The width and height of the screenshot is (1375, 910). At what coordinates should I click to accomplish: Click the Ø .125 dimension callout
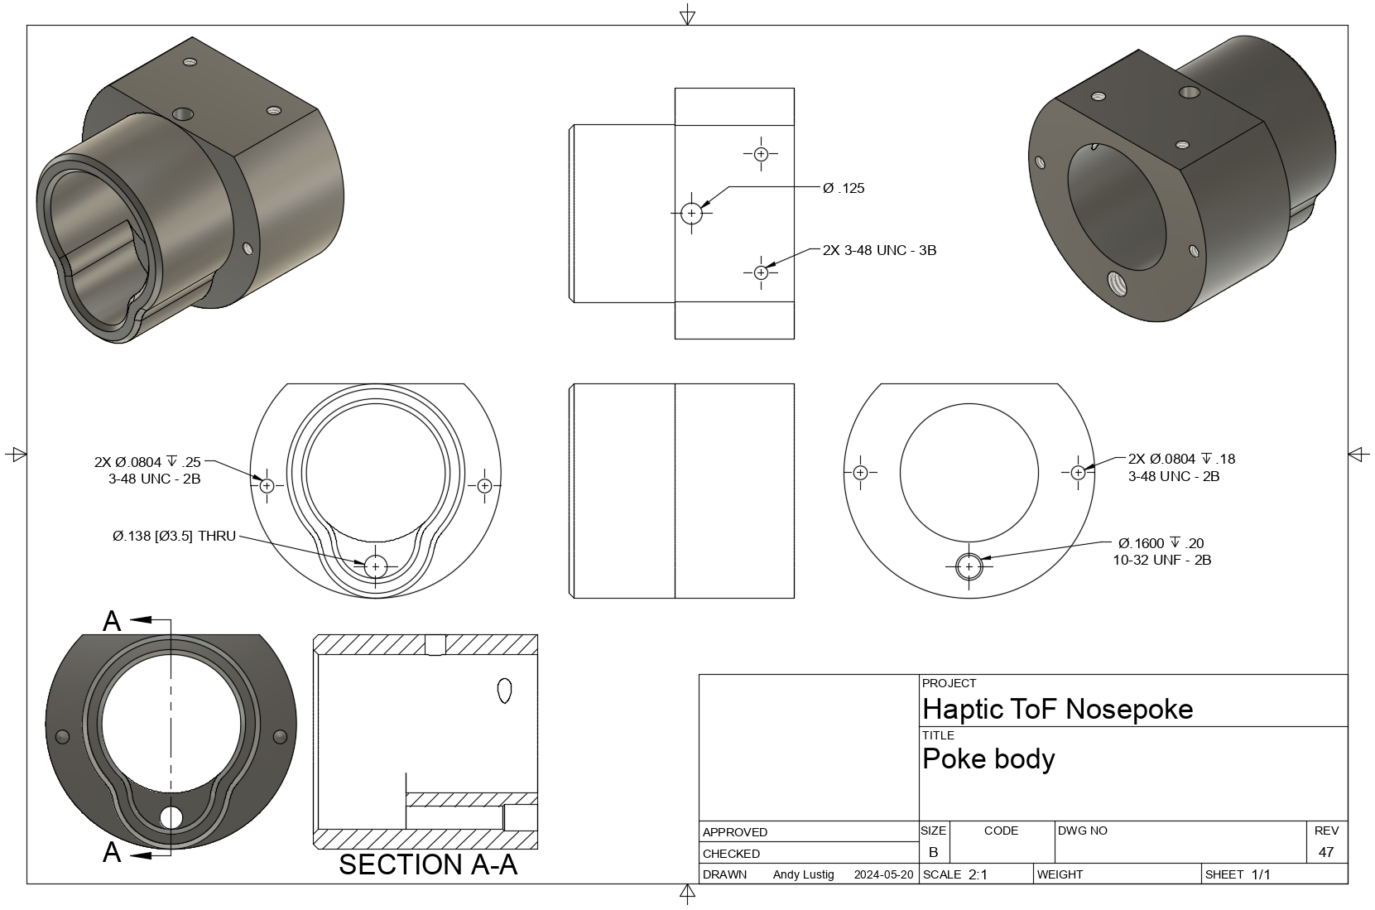point(843,188)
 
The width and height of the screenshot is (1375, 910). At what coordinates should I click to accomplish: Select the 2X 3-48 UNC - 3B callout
point(879,250)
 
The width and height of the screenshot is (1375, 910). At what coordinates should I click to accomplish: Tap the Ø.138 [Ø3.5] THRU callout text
point(174,537)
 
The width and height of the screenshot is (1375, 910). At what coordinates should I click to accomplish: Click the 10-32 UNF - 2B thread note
point(1161,561)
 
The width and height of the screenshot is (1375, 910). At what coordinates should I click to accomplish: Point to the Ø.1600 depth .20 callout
point(1161,543)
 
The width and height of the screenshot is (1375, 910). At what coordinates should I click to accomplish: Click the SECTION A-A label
point(427,864)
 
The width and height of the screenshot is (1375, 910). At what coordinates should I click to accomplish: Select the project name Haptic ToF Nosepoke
point(1057,709)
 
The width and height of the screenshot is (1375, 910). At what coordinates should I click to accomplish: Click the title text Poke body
point(988,758)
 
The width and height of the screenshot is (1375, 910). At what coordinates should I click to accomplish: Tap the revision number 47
point(1325,852)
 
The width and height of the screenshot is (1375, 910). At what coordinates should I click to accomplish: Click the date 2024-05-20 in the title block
point(883,874)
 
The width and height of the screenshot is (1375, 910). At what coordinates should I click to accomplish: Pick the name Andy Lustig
point(803,874)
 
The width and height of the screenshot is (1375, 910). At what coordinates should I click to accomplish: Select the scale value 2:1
point(977,874)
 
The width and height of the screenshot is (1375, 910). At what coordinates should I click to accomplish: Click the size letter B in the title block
point(933,852)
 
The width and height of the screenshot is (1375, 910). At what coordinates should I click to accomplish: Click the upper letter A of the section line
point(112,621)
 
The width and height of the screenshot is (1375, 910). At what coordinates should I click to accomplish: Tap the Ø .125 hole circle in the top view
point(692,213)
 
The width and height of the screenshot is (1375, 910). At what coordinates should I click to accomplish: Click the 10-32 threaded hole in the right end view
point(969,566)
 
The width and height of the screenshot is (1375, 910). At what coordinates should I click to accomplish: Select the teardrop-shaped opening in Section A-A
point(503,691)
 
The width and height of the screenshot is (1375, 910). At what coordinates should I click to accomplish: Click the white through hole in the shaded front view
point(171,817)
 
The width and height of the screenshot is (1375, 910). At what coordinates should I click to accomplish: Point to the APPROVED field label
point(734,832)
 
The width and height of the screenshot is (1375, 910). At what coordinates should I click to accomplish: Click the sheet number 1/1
point(1260,874)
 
